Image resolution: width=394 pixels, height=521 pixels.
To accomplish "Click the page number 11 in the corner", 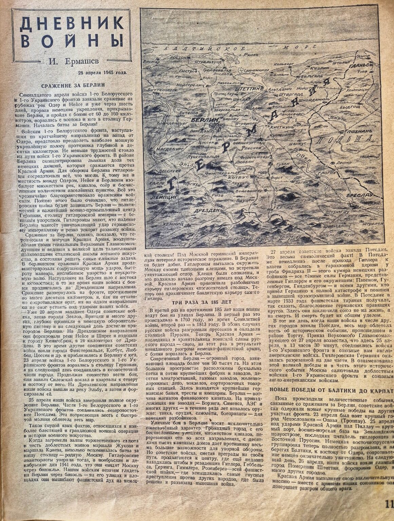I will pos(389,504).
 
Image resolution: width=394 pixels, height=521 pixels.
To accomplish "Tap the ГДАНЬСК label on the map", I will pos(362,64).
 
